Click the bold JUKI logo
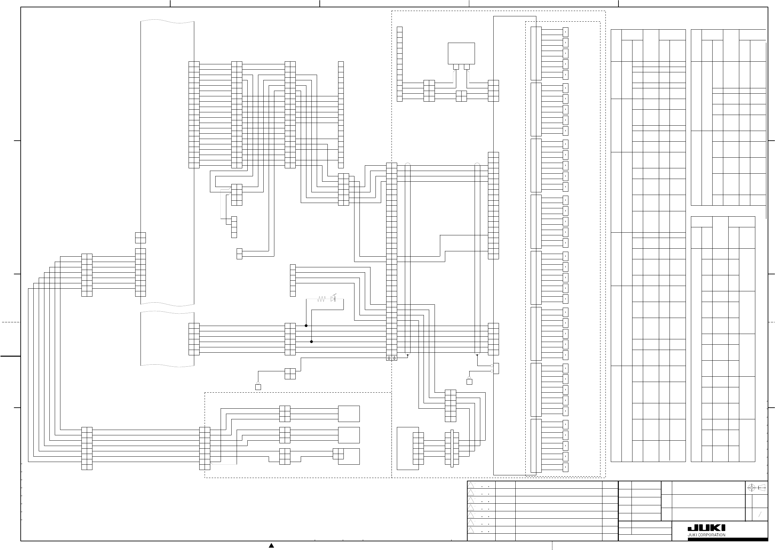[706, 528]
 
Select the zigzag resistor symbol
[321, 299]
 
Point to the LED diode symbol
[333, 299]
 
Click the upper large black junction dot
[306, 326]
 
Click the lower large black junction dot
[311, 342]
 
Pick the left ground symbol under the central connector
[389, 358]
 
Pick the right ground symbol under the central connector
[394, 358]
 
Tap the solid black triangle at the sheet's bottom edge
[271, 546]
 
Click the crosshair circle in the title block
[751, 488]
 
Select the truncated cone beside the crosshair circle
[761, 488]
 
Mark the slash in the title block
[760, 514]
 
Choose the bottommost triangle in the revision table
[471, 530]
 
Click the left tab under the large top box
[456, 67]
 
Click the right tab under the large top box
[467, 67]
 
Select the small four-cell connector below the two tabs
[461, 96]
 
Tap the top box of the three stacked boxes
[349, 414]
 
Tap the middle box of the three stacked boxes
[349, 435]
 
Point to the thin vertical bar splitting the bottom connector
[452, 449]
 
